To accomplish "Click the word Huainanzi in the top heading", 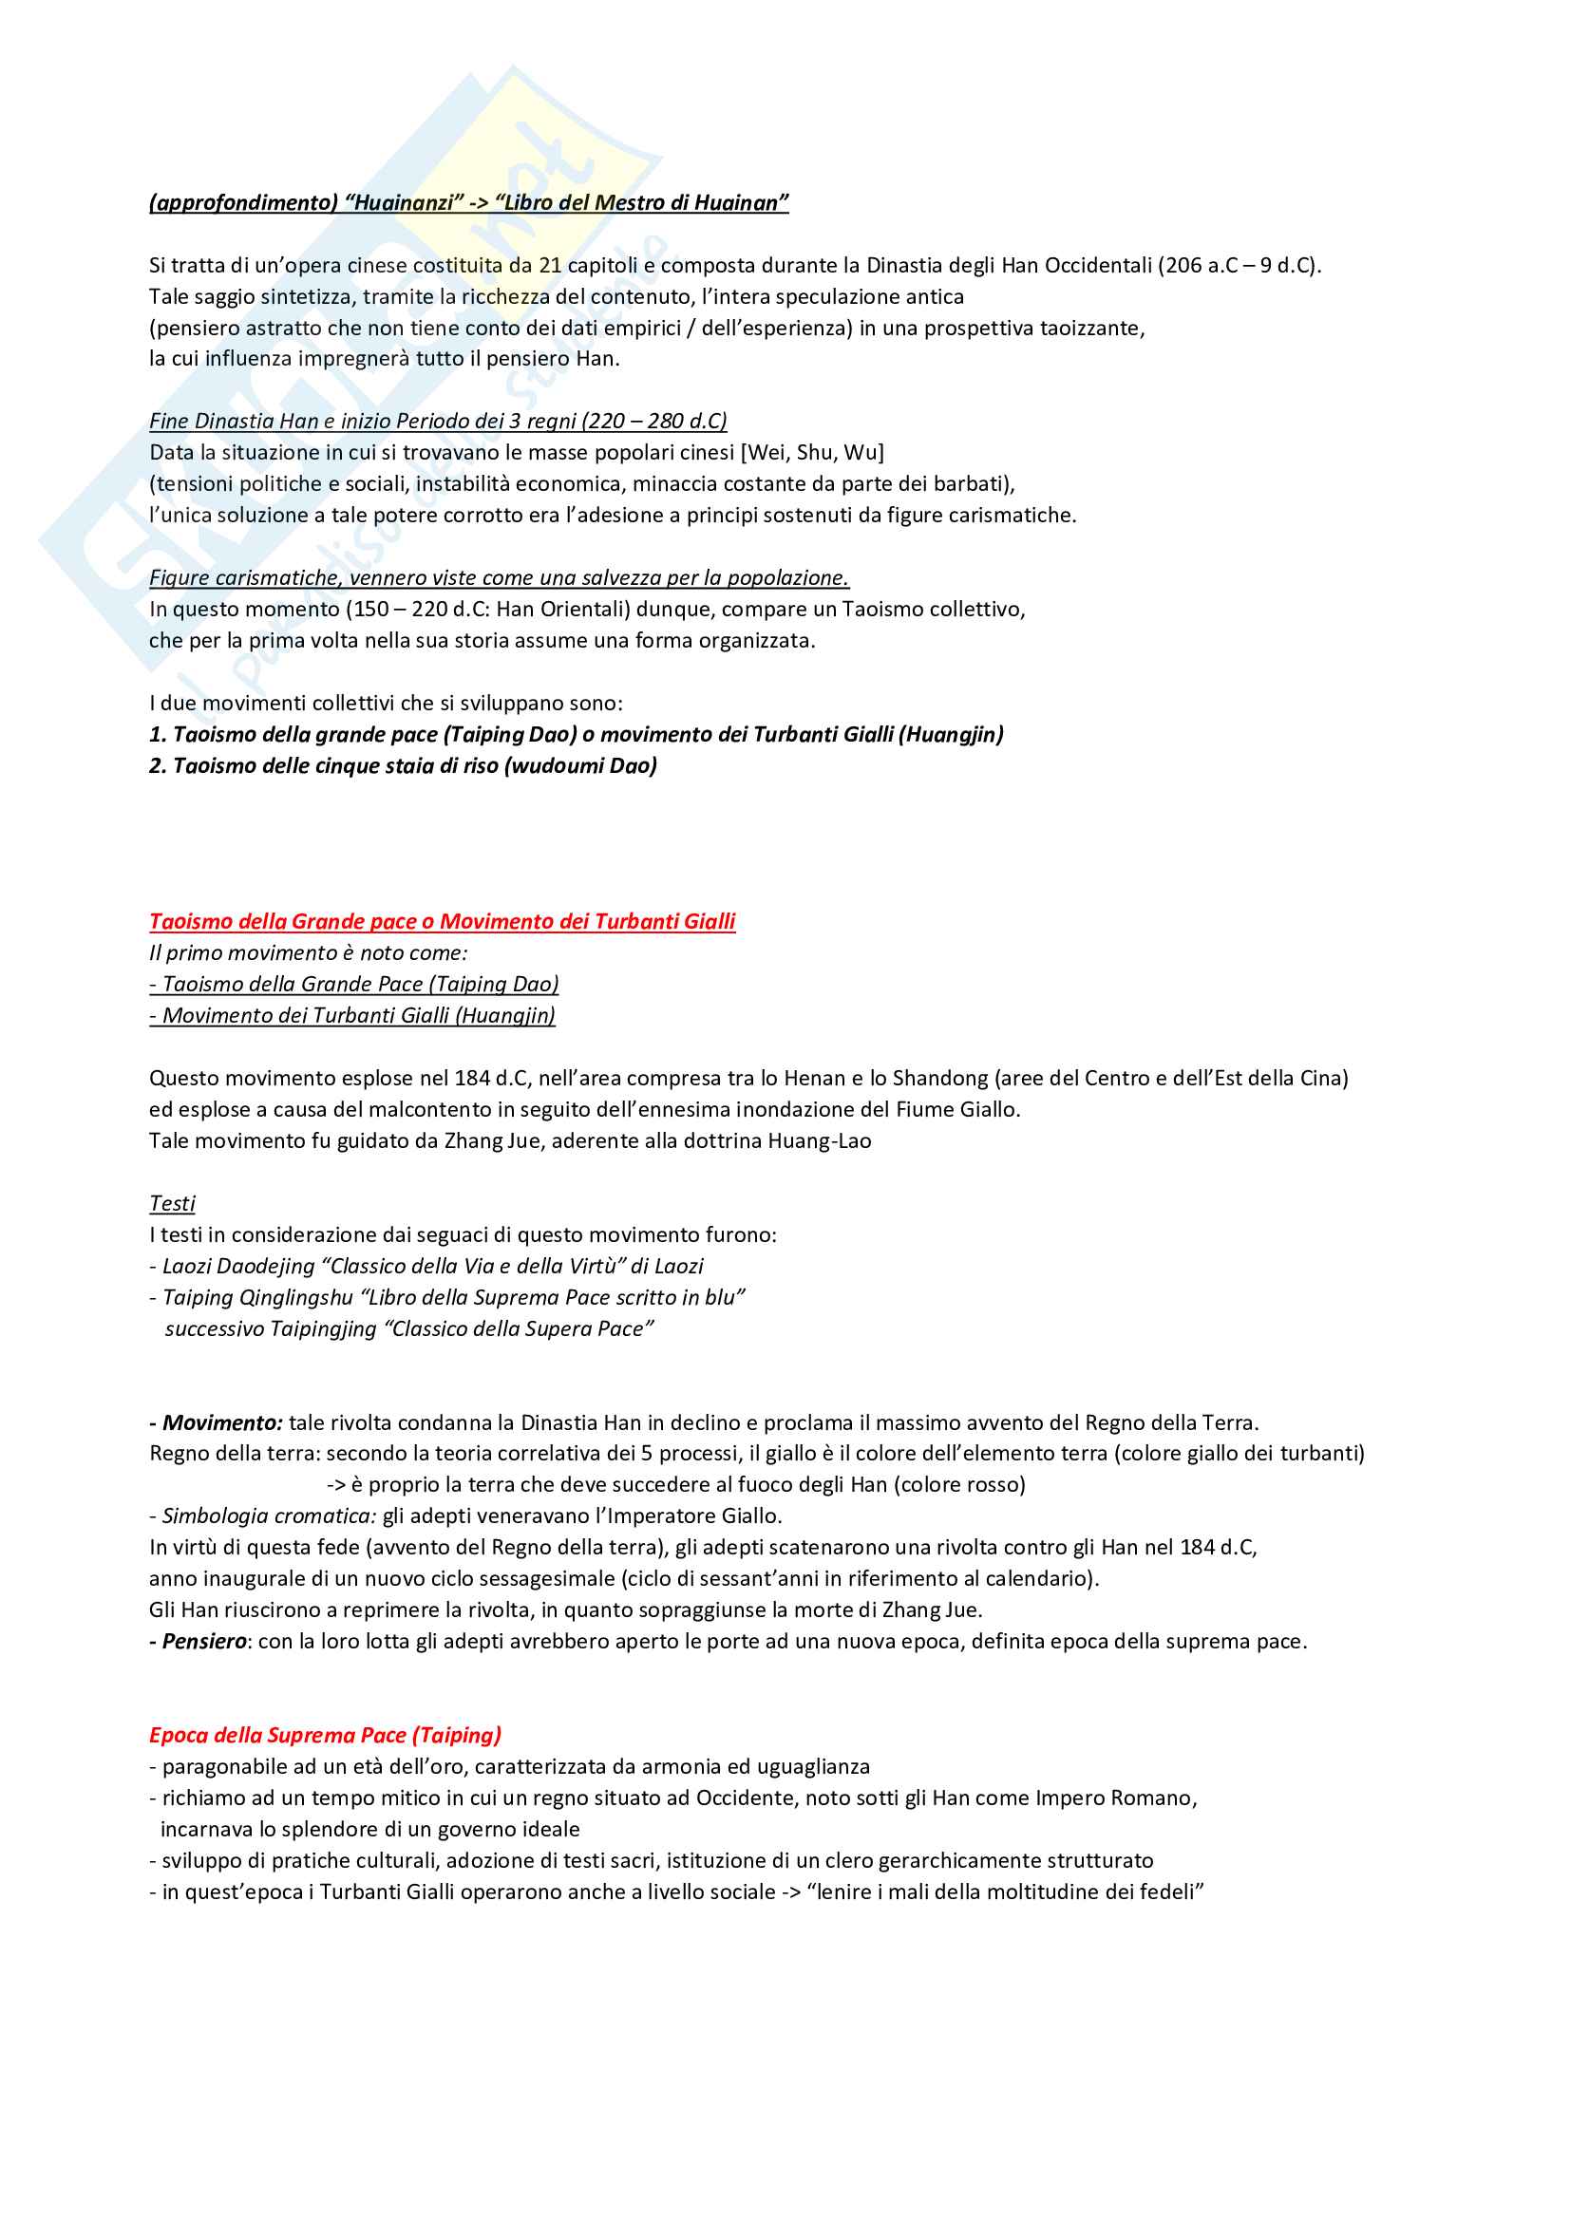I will pos(405,202).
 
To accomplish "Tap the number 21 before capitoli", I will pos(551,265).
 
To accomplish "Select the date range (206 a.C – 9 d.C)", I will pos(1240,265).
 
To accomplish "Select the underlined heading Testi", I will pos(172,1203).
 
